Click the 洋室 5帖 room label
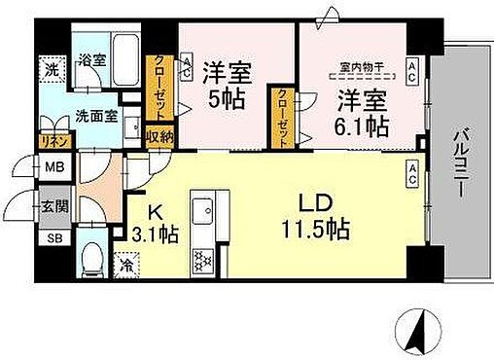pyautogui.click(x=226, y=86)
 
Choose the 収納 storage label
pyautogui.click(x=160, y=136)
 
